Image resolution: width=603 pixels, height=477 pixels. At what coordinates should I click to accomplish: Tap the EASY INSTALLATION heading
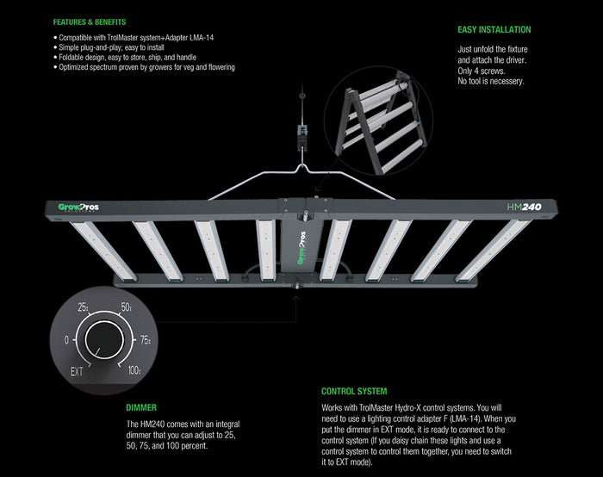point(494,29)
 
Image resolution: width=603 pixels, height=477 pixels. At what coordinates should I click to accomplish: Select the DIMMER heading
point(140,408)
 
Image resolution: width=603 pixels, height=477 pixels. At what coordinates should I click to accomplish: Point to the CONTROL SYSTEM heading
point(353,391)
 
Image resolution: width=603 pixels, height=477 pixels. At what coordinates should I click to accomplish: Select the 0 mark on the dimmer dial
point(67,339)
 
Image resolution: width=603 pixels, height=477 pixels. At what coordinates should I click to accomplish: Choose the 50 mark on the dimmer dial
point(125,307)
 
